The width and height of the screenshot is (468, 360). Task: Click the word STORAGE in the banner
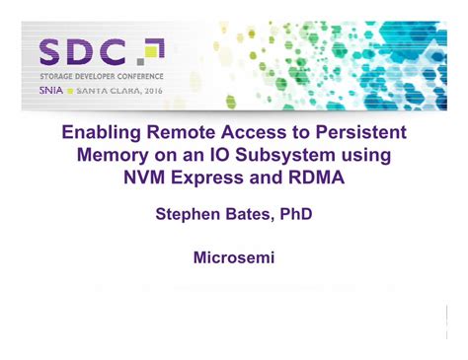58,75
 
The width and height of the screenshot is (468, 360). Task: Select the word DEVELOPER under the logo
104,75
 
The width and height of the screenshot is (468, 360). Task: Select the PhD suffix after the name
297,214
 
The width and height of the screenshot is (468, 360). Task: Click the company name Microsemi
234,259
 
